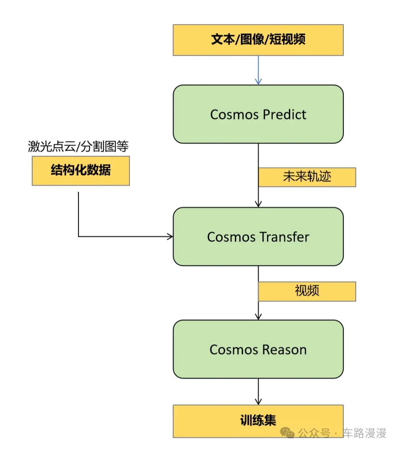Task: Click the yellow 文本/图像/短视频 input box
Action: click(258, 40)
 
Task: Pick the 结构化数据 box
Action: click(81, 170)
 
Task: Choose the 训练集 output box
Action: click(258, 420)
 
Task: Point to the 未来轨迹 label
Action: click(307, 177)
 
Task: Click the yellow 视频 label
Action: click(307, 291)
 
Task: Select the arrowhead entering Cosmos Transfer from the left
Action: click(170, 236)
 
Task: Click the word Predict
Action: click(285, 115)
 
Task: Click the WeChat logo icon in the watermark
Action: click(290, 434)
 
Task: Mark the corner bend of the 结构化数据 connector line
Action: click(78, 236)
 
